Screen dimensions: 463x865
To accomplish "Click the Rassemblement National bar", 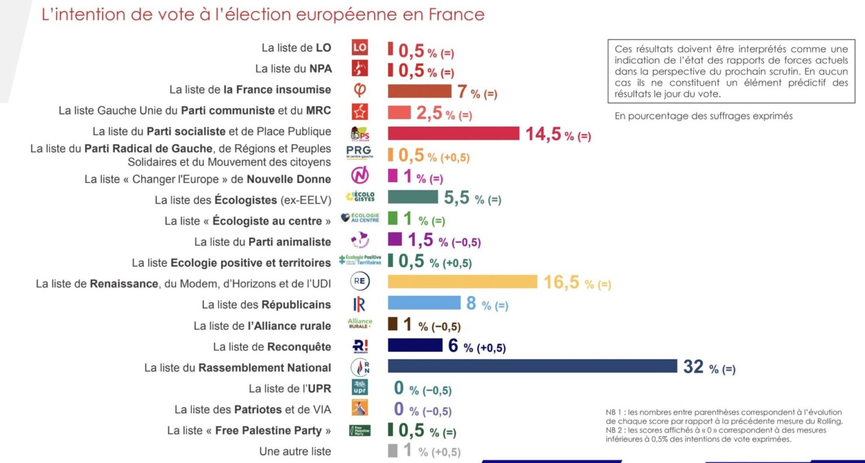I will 532,366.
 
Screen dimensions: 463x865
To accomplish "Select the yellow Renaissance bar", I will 462,282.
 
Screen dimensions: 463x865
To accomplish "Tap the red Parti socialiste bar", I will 453,133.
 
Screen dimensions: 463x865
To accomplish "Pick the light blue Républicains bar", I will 424,303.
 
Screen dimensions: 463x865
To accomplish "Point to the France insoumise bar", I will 420,91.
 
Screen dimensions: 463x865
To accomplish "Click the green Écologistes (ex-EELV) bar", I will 413,197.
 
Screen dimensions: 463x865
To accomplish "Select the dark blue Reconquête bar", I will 415,345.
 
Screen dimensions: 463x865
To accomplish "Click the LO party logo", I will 360,48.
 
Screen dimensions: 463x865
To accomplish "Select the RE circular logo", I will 360,281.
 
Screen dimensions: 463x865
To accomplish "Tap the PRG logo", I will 359,152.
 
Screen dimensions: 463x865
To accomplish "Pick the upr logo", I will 360,388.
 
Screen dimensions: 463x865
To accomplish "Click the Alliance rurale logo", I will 360,324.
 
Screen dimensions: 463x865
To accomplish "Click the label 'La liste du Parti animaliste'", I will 262,242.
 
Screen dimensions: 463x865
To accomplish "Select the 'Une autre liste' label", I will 295,451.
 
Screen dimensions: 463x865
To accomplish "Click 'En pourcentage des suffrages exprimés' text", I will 703,116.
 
